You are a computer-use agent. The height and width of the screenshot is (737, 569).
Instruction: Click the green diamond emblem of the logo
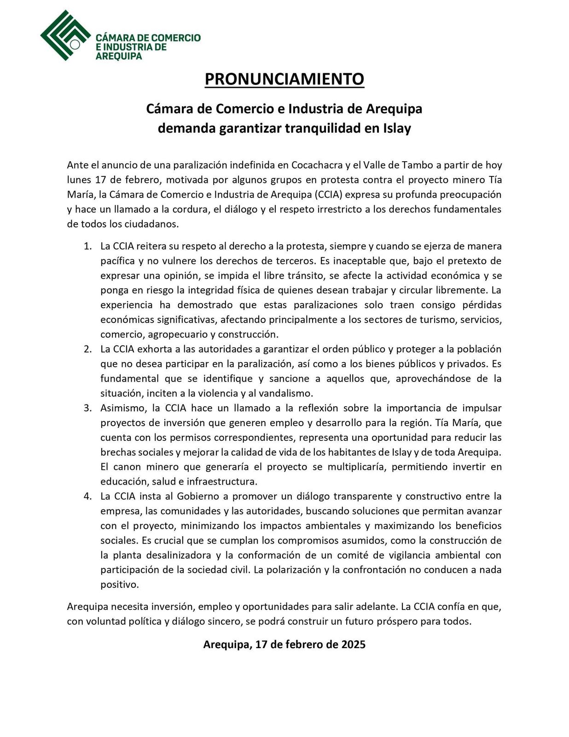(x=64, y=35)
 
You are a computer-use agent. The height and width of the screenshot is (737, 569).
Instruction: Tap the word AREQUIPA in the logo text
(x=119, y=56)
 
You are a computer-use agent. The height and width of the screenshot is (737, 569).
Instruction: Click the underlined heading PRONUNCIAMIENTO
(x=284, y=79)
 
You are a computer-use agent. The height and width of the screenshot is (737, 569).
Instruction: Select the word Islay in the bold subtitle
(x=397, y=128)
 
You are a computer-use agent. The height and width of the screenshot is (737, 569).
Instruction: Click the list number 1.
(x=87, y=246)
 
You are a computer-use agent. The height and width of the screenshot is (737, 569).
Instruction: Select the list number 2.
(x=87, y=349)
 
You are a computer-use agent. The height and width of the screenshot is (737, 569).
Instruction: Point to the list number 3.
(x=87, y=408)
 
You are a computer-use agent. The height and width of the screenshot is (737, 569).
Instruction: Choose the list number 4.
(x=87, y=497)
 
